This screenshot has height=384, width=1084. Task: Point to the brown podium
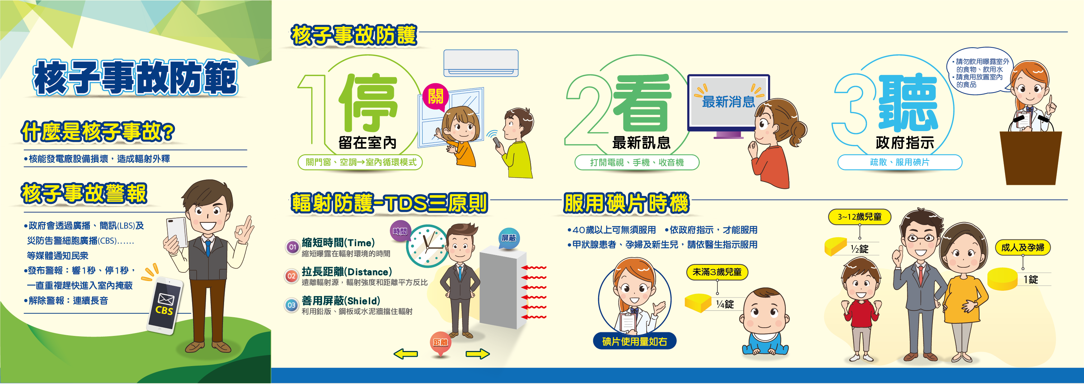1031,158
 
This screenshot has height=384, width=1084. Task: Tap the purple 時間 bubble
400,231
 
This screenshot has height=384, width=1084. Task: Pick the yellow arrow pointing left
406,354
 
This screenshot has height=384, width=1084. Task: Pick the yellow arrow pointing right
478,354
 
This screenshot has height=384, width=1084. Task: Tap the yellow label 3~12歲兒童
859,217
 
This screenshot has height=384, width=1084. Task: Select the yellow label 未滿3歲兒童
717,272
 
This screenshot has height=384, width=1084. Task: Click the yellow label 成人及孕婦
1023,247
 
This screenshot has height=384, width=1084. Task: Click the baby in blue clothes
765,322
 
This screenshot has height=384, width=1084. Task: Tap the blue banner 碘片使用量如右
634,341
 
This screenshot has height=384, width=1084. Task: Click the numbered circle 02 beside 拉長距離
291,276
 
